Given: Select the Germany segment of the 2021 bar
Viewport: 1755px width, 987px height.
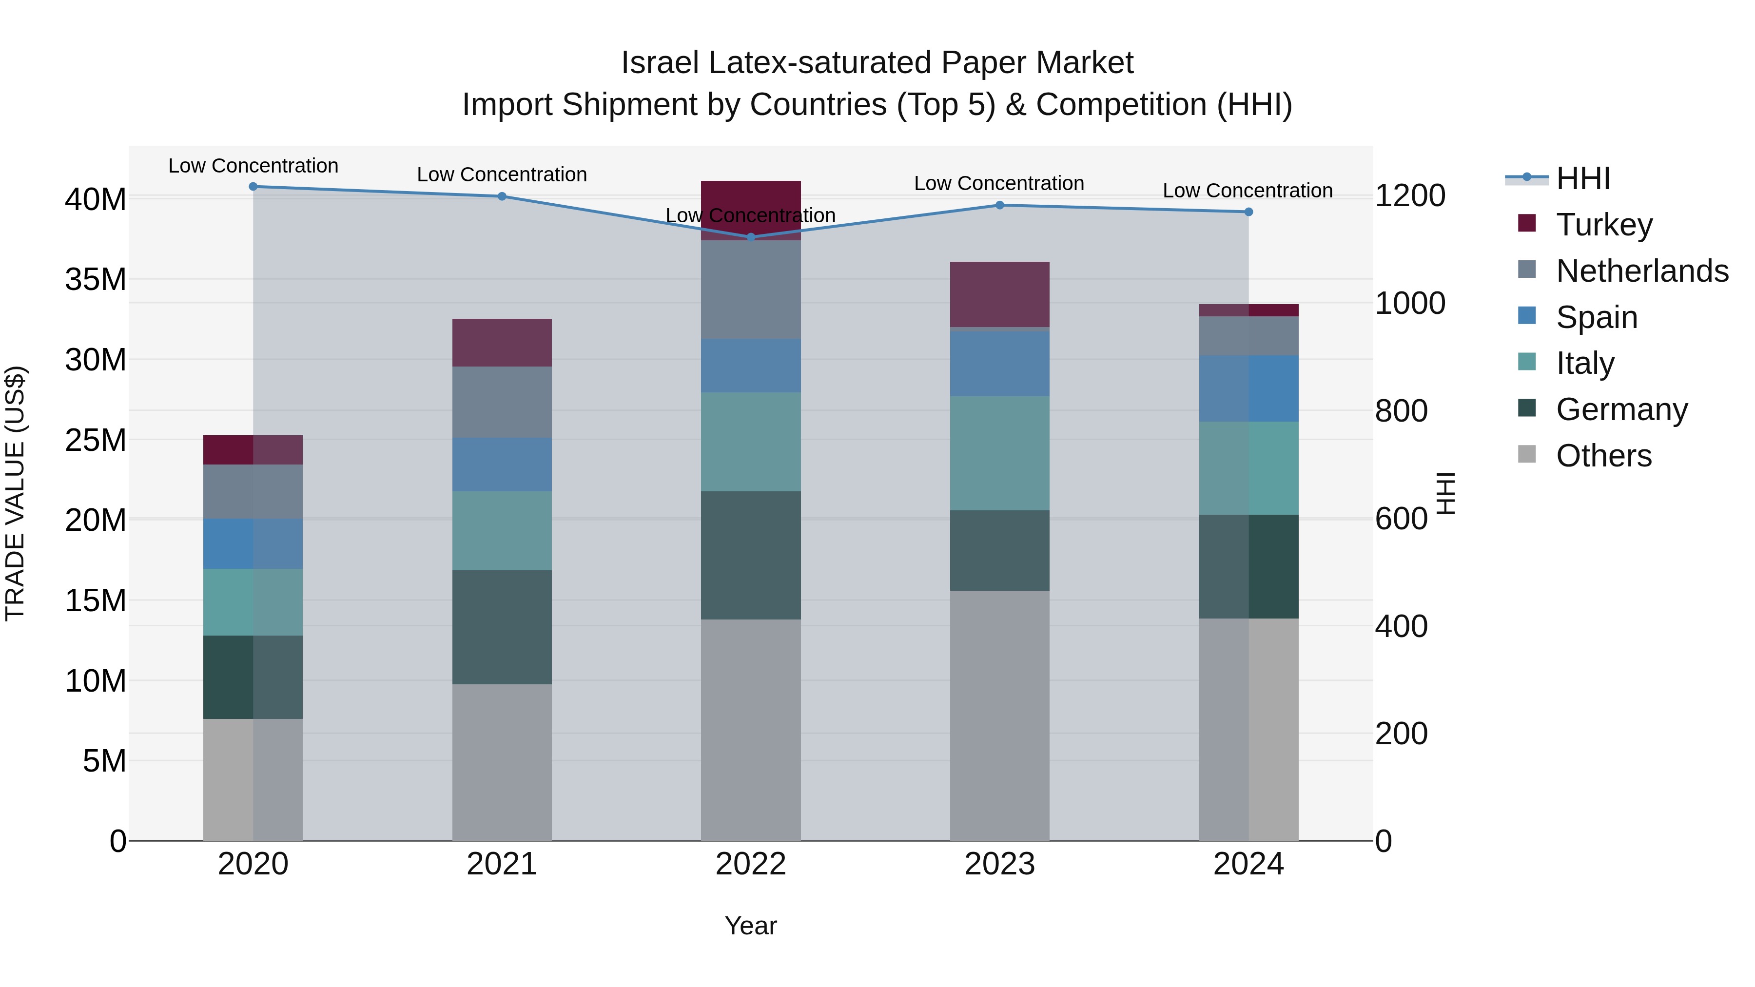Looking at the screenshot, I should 502,627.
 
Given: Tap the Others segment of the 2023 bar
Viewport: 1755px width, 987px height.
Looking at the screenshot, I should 999,715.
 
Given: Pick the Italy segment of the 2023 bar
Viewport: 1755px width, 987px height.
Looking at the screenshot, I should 999,453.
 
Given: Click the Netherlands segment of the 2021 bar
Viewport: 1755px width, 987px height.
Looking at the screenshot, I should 502,402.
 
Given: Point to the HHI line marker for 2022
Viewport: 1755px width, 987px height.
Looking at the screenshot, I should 751,237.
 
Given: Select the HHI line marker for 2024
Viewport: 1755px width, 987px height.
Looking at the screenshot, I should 1248,212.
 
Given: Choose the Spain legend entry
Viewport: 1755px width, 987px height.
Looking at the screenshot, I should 1596,317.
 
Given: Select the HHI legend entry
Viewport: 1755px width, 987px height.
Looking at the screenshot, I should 1582,178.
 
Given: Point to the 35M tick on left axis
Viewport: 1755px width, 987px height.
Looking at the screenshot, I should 96,279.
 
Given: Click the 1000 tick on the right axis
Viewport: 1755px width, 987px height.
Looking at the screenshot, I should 1409,303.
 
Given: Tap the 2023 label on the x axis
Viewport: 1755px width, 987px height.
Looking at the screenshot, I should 999,864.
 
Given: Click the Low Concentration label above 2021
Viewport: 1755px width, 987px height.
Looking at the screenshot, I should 502,174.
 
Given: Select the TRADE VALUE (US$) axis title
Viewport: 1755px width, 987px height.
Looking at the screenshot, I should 15,493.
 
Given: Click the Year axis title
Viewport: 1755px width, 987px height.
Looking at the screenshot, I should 751,926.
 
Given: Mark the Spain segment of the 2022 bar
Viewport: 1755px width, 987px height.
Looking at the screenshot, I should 751,366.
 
